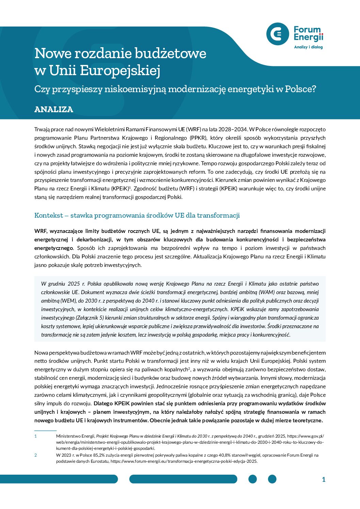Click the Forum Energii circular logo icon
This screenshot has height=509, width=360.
click(278, 34)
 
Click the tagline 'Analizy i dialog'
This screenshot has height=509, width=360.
click(308, 47)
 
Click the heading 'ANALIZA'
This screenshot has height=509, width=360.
click(54, 109)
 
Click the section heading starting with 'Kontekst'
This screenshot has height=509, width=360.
click(137, 215)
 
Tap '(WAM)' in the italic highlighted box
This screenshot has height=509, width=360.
click(267, 292)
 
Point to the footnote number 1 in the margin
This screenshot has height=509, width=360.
click(35, 436)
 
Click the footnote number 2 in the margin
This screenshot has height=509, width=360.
click(35, 455)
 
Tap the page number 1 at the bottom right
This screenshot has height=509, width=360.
click(324, 479)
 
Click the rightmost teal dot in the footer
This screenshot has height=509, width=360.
click(272, 479)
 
